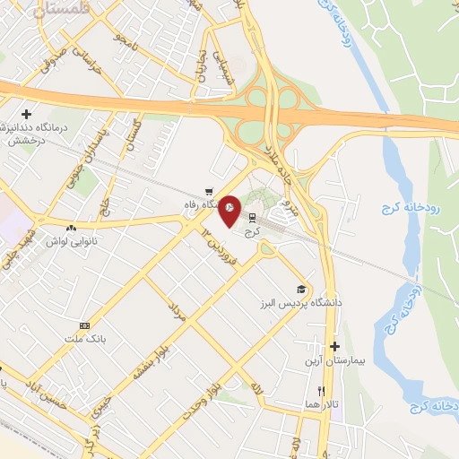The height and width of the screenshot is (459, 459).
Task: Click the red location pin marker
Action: pos(229,209)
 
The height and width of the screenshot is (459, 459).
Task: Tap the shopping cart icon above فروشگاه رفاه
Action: pos(209,190)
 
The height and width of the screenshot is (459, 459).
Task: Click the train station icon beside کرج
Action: pos(251,216)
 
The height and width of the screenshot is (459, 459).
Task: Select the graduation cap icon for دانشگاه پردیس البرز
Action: pos(302,289)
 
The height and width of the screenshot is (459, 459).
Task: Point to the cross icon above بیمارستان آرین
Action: pos(335,346)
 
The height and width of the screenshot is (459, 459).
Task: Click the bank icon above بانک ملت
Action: pos(85,325)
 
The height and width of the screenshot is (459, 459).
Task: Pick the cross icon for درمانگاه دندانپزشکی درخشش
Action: pos(27,114)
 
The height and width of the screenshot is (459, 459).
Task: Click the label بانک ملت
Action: pos(85,339)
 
